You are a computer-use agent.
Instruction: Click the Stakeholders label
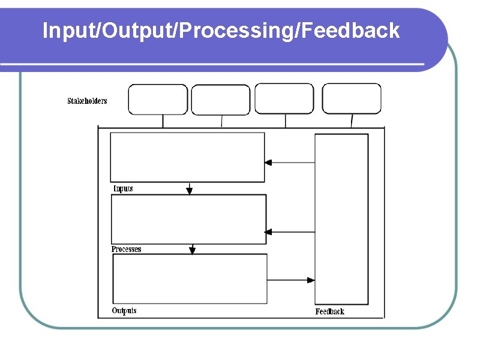pos(87,101)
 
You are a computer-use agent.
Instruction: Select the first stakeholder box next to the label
pos(158,100)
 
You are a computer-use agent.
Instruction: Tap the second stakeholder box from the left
pos(221,100)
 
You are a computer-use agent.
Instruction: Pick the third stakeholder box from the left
pos(284,99)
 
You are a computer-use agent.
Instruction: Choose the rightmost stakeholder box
pos(352,99)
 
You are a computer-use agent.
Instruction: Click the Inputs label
pos(123,188)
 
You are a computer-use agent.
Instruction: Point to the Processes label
pos(127,249)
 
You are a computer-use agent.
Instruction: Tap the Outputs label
pos(124,310)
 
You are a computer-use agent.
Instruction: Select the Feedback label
pos(330,311)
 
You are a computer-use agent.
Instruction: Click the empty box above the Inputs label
pos(187,157)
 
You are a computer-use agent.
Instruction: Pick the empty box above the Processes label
pos(188,219)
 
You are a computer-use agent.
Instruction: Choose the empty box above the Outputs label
pos(190,279)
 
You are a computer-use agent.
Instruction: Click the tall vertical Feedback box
pos(341,219)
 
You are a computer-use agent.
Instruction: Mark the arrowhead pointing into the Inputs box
pos(268,162)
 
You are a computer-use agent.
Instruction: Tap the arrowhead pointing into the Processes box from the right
pos(268,232)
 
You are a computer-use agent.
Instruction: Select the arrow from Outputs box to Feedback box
pos(291,280)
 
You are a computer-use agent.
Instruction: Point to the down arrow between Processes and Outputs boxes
pos(192,249)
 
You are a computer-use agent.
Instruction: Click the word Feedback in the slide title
pos(351,30)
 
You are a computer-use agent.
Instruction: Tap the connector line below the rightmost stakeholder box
pos(352,121)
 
